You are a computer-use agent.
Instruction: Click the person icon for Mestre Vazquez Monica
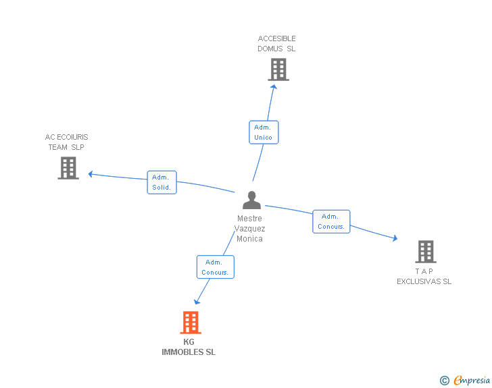click(x=251, y=200)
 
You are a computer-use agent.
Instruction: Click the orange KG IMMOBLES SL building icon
click(x=191, y=323)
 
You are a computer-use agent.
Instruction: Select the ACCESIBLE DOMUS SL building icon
click(x=278, y=70)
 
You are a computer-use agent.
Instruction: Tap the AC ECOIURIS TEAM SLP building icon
click(x=68, y=168)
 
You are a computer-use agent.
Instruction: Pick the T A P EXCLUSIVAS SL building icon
click(x=425, y=252)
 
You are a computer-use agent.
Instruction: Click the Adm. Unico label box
click(x=263, y=132)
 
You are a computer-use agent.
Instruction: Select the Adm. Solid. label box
click(x=162, y=182)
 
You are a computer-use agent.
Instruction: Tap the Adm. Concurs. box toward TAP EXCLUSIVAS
click(x=331, y=221)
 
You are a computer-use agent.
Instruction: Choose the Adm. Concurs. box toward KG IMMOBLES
click(x=215, y=267)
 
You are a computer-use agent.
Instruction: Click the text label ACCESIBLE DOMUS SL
click(x=276, y=44)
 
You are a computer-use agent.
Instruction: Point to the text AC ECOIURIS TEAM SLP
click(x=66, y=142)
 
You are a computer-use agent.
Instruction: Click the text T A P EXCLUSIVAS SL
click(x=424, y=277)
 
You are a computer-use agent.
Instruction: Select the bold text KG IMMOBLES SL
click(x=189, y=347)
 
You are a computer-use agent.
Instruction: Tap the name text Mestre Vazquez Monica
click(x=250, y=229)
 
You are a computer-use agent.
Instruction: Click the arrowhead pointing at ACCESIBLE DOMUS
click(x=273, y=86)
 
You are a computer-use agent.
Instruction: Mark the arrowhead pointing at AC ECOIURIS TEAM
click(x=91, y=174)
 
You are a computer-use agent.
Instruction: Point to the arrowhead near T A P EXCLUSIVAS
click(x=395, y=238)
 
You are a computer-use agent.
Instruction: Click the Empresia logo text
click(x=472, y=381)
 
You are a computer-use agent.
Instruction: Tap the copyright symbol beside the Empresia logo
click(x=444, y=381)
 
